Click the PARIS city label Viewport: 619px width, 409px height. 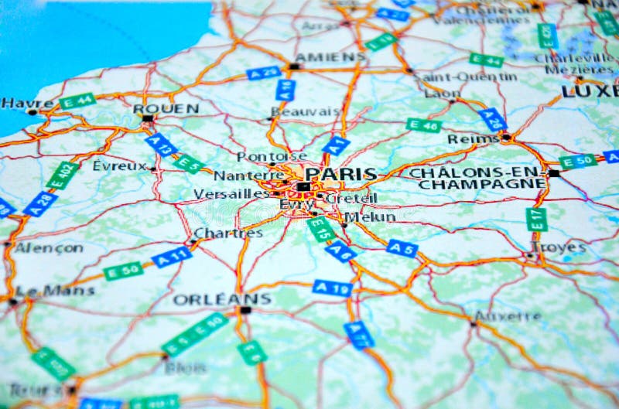[340, 174]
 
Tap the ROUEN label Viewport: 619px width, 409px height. [166, 109]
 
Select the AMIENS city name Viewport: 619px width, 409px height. [330, 57]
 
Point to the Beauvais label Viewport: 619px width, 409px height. [306, 112]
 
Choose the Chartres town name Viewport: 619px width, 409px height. [227, 233]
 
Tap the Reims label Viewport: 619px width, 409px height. [473, 139]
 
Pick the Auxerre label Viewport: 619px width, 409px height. [508, 316]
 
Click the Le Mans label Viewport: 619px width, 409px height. [55, 291]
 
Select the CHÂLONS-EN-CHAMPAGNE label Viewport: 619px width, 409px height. [477, 178]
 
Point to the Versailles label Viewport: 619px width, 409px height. [231, 193]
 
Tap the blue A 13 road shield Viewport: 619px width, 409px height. [161, 145]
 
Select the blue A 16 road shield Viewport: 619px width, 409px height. [285, 90]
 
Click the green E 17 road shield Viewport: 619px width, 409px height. [536, 219]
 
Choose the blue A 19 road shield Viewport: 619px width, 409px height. [333, 288]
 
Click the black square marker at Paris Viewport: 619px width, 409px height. [303, 186]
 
